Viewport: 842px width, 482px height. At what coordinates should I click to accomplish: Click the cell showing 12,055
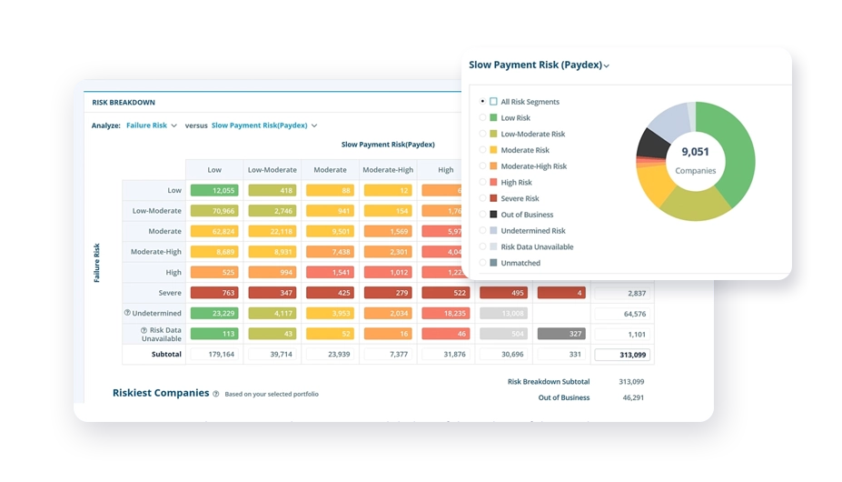click(x=214, y=190)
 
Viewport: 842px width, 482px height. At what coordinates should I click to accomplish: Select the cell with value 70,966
click(x=214, y=211)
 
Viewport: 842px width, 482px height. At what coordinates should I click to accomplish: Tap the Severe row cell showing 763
click(x=214, y=293)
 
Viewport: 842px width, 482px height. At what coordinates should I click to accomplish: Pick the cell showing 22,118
click(x=272, y=231)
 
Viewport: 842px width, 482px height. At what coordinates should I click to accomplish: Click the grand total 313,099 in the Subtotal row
click(x=622, y=354)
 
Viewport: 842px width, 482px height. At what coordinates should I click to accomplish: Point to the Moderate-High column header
click(x=388, y=169)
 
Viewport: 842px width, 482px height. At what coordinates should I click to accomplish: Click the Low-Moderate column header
click(x=272, y=169)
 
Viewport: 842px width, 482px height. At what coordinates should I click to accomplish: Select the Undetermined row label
click(x=156, y=313)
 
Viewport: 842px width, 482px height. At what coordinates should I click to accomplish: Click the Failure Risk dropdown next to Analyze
click(x=152, y=126)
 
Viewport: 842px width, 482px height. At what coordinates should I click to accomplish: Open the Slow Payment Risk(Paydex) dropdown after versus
click(x=264, y=126)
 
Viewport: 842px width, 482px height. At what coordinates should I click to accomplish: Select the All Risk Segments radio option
click(x=482, y=102)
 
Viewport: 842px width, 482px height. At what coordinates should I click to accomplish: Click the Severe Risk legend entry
click(x=520, y=198)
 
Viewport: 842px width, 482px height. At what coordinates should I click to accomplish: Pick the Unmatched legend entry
click(x=520, y=263)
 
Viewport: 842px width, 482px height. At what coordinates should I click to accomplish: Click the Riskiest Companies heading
click(x=161, y=393)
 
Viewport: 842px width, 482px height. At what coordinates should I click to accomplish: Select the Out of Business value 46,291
click(x=629, y=397)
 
